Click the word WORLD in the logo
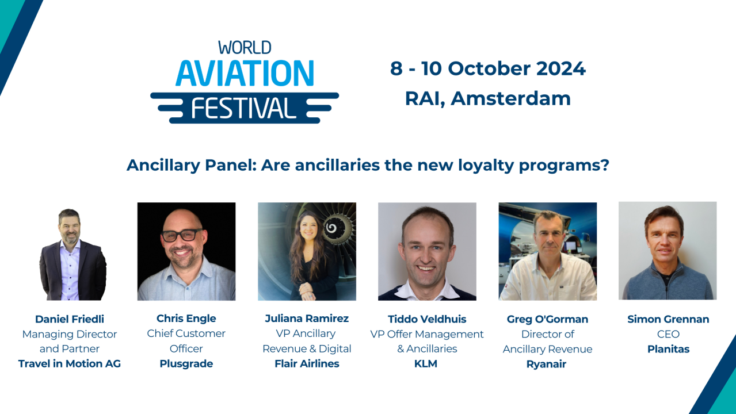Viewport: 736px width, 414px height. coord(245,47)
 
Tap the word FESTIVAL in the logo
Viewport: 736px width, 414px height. coord(245,108)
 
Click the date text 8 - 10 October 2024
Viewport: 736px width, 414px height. coord(487,68)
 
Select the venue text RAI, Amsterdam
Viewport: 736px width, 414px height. coord(487,98)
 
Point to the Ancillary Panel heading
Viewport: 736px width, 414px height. coord(368,166)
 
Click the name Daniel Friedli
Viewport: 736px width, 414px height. coord(70,319)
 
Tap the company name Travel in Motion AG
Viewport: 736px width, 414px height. coord(70,363)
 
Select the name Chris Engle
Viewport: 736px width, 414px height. coord(186,319)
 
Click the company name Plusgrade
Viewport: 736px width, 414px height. coord(186,363)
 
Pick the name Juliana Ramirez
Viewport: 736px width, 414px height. coord(307,319)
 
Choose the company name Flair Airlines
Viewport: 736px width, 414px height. coord(307,363)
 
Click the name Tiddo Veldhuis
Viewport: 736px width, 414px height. coord(426,319)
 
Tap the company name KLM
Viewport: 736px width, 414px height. coord(426,363)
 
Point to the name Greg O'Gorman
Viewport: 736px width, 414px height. coord(547,319)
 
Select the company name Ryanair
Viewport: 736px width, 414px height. coord(547,364)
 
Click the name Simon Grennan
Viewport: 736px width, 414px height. coord(668,319)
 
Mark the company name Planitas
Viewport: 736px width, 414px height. coord(668,349)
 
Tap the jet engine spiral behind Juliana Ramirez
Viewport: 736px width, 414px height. coord(331,229)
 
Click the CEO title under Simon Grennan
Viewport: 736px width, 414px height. coord(668,334)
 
